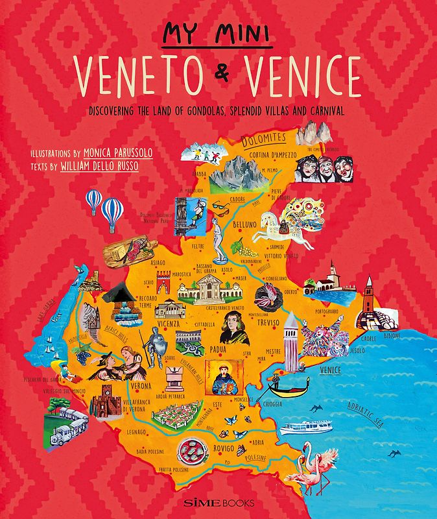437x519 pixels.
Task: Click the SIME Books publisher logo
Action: tap(218, 501)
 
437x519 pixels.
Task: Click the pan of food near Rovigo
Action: tap(193, 447)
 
